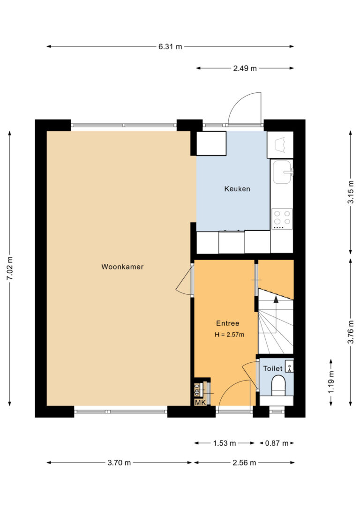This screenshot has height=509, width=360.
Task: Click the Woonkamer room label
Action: (x=122, y=267)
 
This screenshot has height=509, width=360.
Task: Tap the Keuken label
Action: (x=237, y=188)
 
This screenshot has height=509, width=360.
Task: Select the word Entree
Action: (x=227, y=323)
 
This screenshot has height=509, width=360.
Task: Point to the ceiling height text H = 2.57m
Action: (x=229, y=334)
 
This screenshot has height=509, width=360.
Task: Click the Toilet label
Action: (x=273, y=368)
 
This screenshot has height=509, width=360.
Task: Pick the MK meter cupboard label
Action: (x=200, y=403)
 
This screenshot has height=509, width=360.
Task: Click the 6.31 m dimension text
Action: (x=170, y=46)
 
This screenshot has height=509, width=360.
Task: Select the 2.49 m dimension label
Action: (x=245, y=68)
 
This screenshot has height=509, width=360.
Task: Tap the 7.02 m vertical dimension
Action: (x=10, y=268)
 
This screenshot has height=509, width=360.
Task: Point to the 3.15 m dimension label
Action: (x=351, y=192)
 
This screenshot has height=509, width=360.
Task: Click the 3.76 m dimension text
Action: (x=351, y=332)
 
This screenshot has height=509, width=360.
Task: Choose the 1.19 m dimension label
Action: (x=331, y=382)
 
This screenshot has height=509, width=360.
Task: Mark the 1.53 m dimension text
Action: (x=225, y=443)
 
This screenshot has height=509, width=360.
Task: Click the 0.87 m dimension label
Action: (x=277, y=443)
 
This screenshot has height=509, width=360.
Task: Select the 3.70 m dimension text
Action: (x=119, y=463)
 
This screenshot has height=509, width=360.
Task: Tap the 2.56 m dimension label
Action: (x=244, y=463)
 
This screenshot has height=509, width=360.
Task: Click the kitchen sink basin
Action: (x=281, y=172)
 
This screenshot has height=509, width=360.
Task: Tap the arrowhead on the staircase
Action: (x=276, y=299)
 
